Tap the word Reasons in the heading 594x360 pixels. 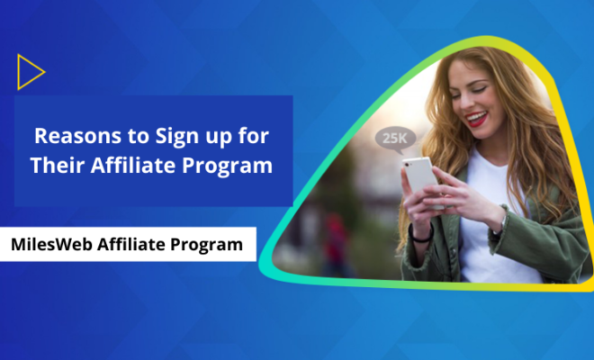coord(79,136)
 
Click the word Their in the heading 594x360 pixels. coord(57,166)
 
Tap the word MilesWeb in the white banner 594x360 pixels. coord(51,245)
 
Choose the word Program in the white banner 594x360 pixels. coord(206,246)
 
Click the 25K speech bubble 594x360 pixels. coord(395,139)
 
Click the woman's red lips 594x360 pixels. coord(476,118)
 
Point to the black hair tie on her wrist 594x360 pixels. coord(421,236)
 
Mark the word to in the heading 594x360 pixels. coord(139,137)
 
